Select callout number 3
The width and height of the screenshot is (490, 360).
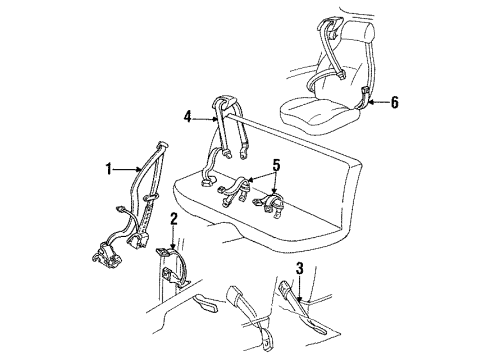pyautogui.click(x=299, y=268)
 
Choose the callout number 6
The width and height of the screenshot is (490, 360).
pyautogui.click(x=396, y=102)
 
